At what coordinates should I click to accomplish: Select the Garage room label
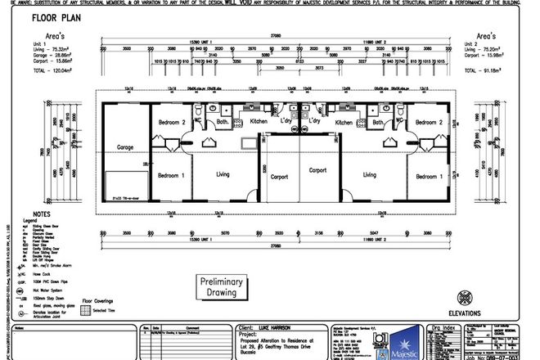125,148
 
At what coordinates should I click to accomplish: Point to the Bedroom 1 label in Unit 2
429,177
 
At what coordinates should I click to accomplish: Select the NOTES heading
32,214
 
